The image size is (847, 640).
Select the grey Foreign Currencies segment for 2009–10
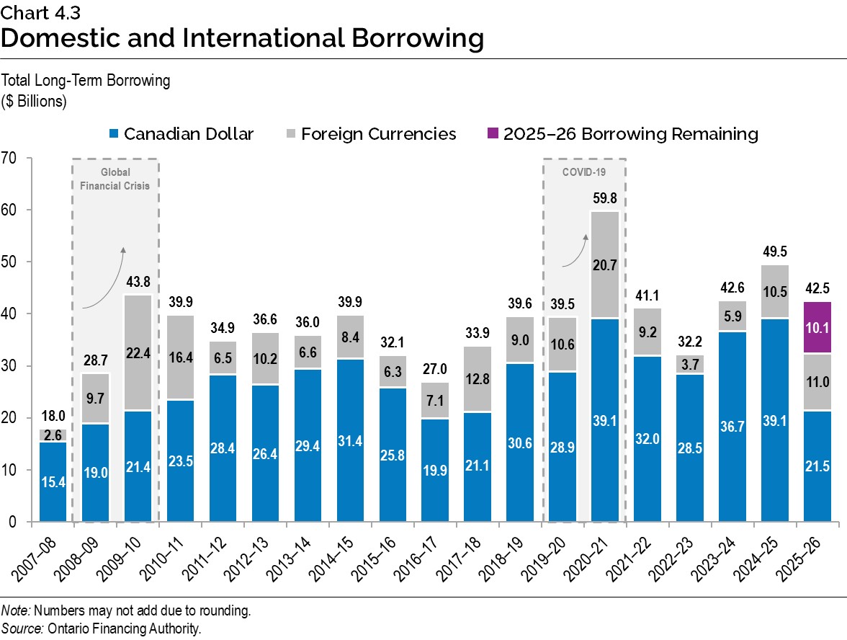click(x=138, y=352)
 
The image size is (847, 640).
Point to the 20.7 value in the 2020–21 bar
click(x=605, y=265)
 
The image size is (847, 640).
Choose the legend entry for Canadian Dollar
click(x=181, y=134)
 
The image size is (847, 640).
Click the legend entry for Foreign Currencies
click(x=369, y=134)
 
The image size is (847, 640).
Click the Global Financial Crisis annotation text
click(x=115, y=179)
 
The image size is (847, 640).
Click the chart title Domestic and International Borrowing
click(x=242, y=38)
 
